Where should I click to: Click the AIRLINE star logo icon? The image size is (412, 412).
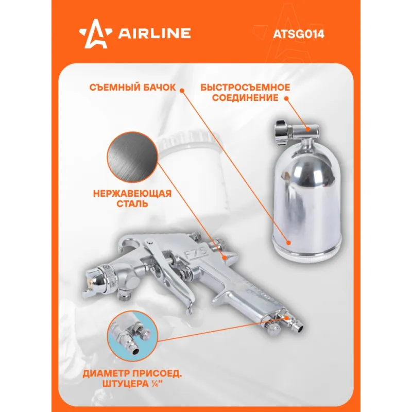coord(96,34)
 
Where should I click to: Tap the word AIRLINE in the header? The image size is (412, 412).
coord(154,33)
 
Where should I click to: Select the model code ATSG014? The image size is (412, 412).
coord(299,34)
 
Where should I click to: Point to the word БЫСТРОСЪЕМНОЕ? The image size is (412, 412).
coord(245,87)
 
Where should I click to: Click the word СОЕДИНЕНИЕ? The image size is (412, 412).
coord(245,98)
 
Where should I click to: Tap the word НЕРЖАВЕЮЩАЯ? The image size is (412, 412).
coord(132,194)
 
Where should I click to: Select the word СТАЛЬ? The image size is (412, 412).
coord(132,204)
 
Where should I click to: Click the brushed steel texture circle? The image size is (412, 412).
coord(132,157)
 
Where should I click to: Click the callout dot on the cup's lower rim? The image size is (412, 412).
coord(288,243)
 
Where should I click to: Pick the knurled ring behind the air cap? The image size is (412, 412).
coord(110,279)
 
